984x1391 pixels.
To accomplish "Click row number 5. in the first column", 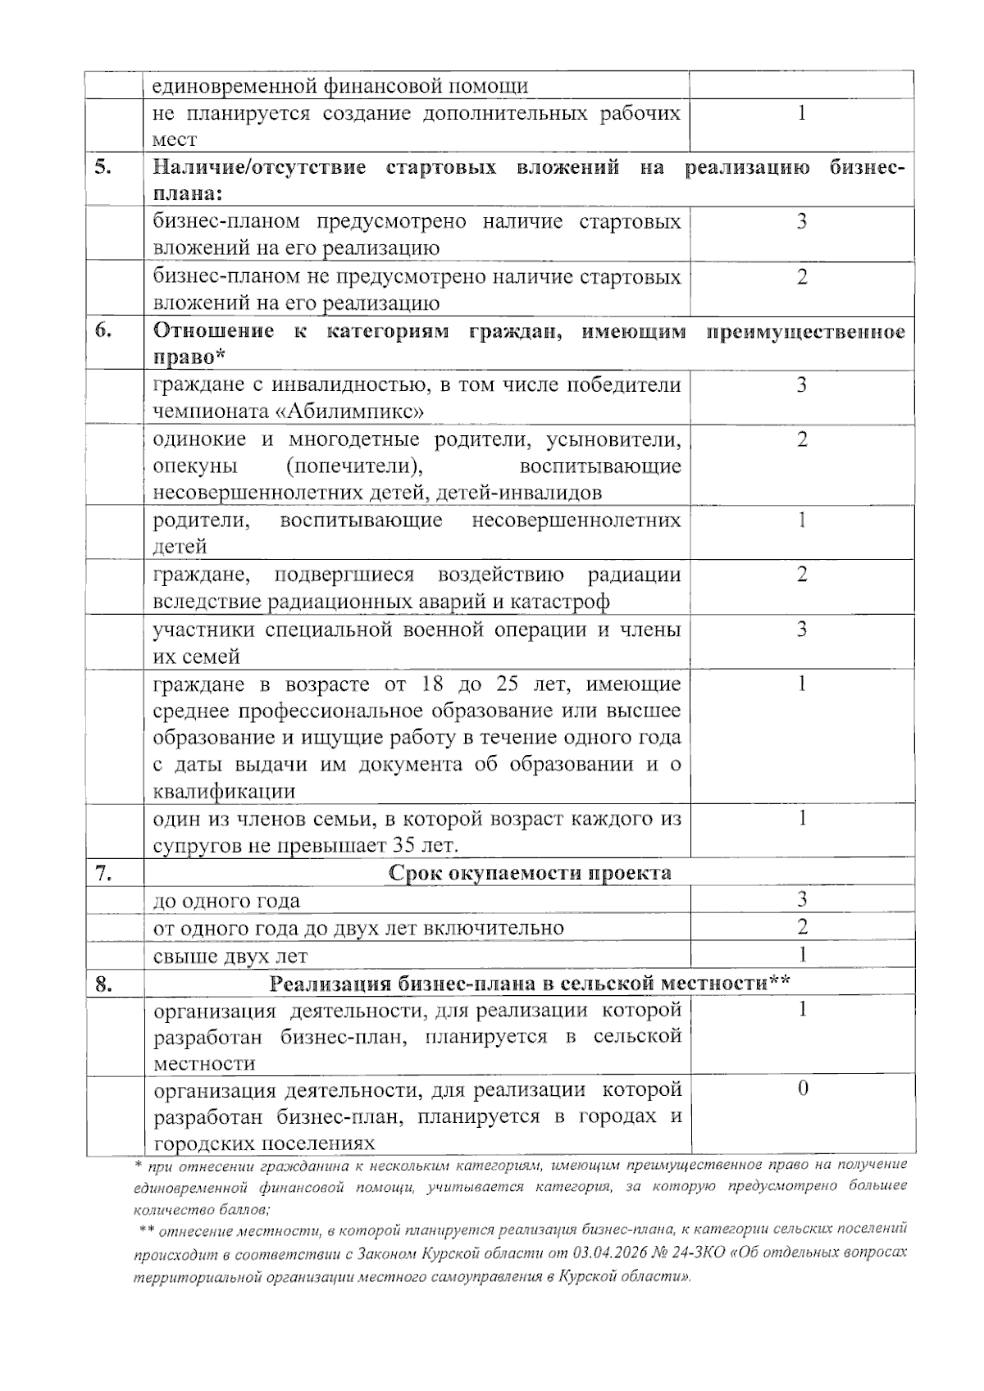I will click(103, 167).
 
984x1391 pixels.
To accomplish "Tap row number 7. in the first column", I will click(103, 873).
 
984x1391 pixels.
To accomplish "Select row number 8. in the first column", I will click(103, 984).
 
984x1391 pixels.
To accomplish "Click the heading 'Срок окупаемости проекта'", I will click(530, 873).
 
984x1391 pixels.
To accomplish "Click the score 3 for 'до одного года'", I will click(802, 899).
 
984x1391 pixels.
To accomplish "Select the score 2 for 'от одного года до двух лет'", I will click(802, 926).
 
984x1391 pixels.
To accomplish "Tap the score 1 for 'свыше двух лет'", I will click(802, 954).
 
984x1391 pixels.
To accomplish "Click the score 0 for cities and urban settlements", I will click(802, 1089).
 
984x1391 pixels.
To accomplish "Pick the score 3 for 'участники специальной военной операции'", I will click(802, 630).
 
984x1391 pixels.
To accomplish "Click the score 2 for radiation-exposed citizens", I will click(802, 575).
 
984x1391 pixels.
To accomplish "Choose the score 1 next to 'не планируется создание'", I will click(802, 112).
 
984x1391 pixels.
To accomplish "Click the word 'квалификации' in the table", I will click(224, 792).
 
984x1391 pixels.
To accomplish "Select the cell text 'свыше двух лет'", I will click(230, 956).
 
